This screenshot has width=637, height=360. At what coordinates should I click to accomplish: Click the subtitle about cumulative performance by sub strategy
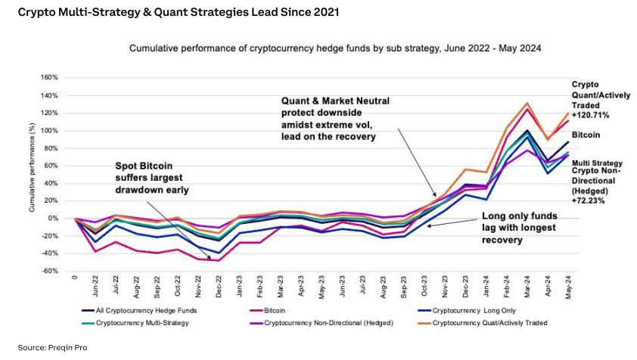click(x=335, y=48)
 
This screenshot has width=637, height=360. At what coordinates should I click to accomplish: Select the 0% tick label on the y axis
click(x=53, y=218)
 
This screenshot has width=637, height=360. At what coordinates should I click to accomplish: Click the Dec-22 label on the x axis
click(x=219, y=287)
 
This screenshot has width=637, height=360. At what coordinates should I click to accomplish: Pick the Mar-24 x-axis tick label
click(x=505, y=287)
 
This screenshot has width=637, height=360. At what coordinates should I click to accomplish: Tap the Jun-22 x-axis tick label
click(x=95, y=287)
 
